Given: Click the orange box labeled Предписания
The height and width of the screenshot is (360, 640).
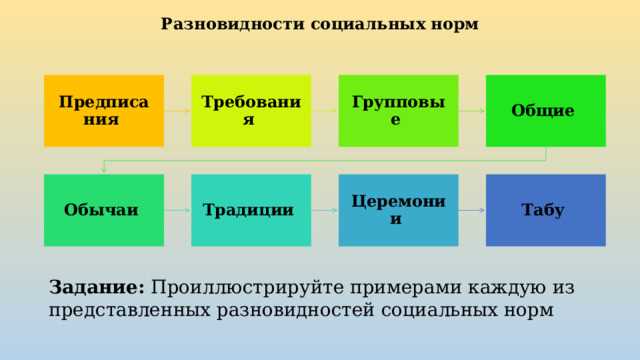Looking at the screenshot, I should (104, 111).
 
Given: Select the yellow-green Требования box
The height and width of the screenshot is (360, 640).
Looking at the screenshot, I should (251, 111).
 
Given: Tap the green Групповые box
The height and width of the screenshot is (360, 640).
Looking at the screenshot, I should (398, 111).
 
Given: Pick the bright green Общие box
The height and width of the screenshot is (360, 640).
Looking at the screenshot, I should (545, 111).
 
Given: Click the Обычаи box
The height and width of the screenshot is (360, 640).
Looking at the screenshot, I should (104, 210).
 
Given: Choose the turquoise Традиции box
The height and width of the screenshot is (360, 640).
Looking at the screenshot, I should (251, 210).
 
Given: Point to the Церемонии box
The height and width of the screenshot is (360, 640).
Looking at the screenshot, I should (398, 210).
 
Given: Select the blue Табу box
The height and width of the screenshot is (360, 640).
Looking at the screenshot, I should (545, 210).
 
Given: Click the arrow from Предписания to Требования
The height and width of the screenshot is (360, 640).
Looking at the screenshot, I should (177, 111).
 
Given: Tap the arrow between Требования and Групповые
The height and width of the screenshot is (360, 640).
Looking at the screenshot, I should (324, 111).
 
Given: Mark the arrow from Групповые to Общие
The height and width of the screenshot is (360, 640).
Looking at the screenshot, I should (471, 111).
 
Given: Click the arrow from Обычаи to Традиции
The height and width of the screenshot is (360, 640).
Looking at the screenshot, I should (177, 211).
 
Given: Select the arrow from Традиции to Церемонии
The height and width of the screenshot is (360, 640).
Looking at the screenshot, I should (324, 211).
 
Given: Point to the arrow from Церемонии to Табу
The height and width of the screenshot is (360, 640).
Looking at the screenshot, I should (471, 211).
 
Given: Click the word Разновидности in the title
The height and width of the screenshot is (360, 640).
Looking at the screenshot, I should (214, 24).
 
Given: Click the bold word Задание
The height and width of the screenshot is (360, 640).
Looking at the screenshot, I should (97, 287).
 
